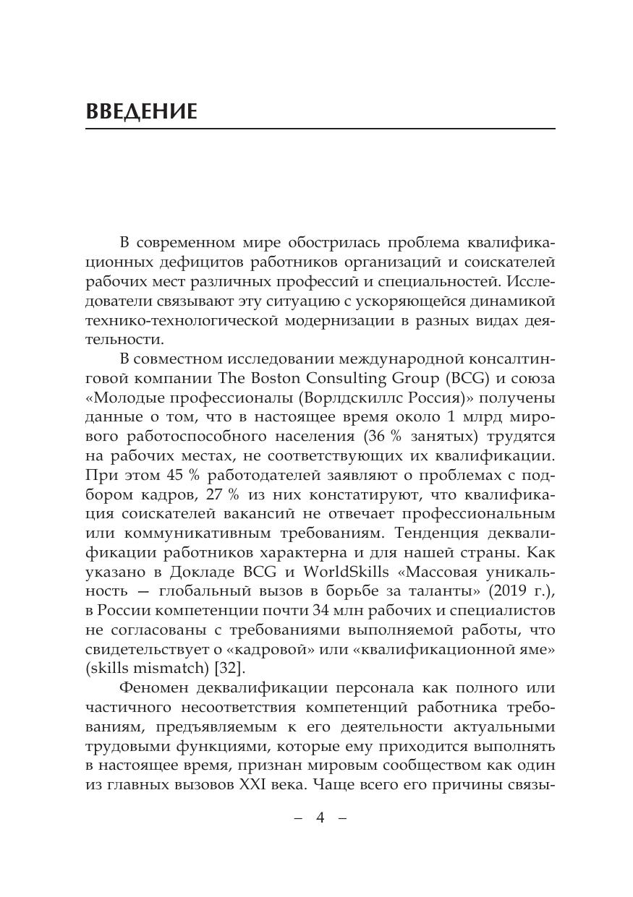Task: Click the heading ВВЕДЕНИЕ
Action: (141, 112)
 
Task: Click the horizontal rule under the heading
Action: (320, 129)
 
